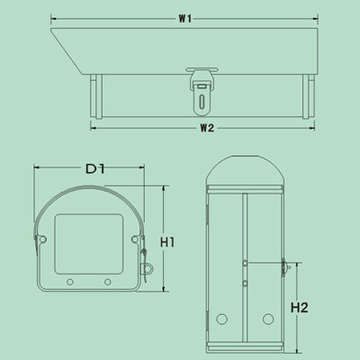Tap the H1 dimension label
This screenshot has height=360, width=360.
[166, 240]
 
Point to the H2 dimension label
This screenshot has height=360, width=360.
[301, 308]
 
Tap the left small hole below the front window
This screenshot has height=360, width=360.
[71, 282]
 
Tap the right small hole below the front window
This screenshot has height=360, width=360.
[107, 282]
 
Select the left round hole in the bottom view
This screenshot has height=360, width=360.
[221, 319]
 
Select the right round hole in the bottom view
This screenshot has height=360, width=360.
[267, 319]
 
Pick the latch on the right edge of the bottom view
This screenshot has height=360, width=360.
[284, 266]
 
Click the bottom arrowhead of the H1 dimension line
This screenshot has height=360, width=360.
[165, 290]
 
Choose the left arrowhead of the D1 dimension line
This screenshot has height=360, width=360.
[37, 168]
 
